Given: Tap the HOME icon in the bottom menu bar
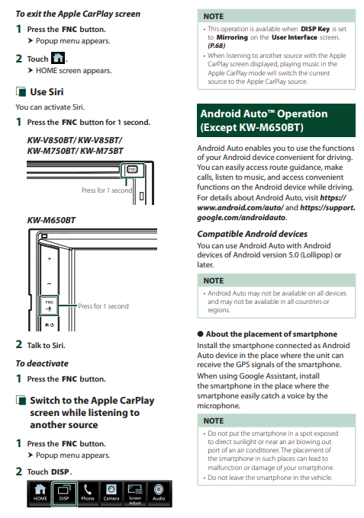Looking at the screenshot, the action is pos(40,493).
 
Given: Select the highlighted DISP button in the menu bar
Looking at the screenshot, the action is pos(64,493).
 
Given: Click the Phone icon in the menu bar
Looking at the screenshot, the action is pos(87,493).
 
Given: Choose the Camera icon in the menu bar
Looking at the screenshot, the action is pos(111,493).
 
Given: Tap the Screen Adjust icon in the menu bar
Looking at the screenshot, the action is pos(135,493).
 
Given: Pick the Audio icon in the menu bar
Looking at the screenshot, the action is pos(159,493).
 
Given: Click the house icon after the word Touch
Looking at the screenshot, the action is pos(58,58).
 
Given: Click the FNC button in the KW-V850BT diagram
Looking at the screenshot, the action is pos(132,169).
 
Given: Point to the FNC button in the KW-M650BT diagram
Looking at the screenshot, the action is pos(49,305).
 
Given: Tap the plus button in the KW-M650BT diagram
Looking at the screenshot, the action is pos(50,259).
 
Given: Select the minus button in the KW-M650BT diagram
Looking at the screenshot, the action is pos(50,283).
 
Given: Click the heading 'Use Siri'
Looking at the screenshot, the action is pos(47,92).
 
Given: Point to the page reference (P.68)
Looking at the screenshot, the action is pos(217,46).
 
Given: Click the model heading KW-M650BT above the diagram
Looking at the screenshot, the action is pos(51,220).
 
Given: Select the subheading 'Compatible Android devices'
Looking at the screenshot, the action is pos(252,234).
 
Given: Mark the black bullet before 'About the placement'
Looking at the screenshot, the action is pos(200,334).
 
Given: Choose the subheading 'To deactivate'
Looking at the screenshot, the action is pos(42,363).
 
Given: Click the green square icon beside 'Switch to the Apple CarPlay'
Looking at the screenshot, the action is pos(21,401).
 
